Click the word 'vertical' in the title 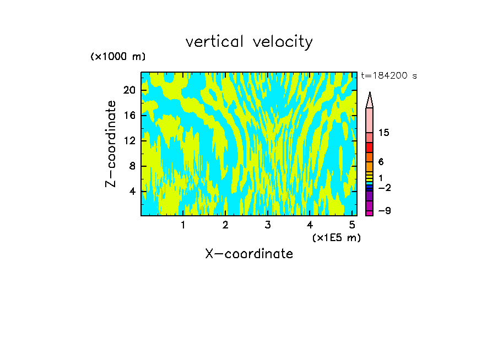tap(216, 42)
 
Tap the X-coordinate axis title tap(249, 254)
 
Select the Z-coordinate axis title tap(111, 144)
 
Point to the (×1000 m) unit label tap(118, 57)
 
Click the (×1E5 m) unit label tap(336, 237)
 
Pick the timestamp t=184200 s tap(388, 76)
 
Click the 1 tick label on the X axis tap(183, 225)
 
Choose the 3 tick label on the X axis tap(268, 225)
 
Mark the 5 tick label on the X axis tap(352, 225)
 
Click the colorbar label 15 tap(385, 133)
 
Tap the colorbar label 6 tap(381, 162)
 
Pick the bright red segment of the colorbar tap(370, 148)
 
